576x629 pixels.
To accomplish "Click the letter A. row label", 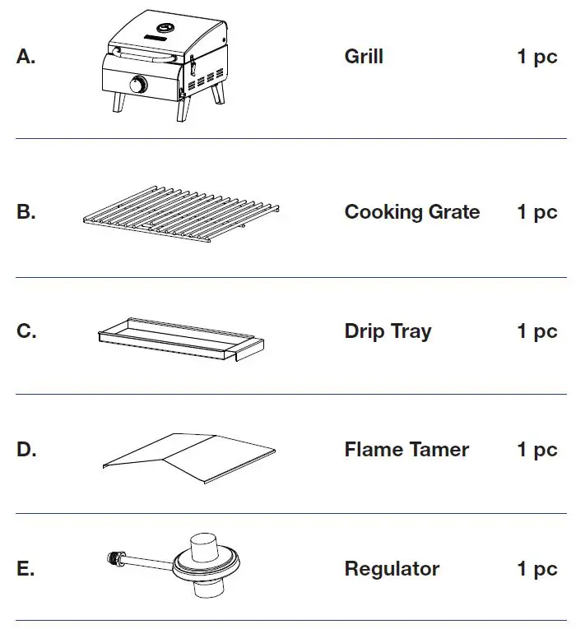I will coord(26,58).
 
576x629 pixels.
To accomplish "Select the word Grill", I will coord(364,58).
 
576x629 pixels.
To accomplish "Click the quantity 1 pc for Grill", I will coord(537,58).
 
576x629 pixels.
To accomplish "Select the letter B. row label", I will coord(26,212).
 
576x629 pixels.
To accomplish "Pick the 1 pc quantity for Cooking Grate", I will coord(537,212).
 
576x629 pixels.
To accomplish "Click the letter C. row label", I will coord(26,331).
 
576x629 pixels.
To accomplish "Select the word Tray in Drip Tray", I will coord(411,331).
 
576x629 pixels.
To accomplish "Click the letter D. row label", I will coord(26,450).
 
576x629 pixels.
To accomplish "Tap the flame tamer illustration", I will coord(189,456).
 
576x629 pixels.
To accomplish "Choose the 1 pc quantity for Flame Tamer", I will coord(537,450).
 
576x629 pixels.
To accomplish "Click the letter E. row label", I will coord(26,569).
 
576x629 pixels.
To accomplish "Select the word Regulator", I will coord(392,569).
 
